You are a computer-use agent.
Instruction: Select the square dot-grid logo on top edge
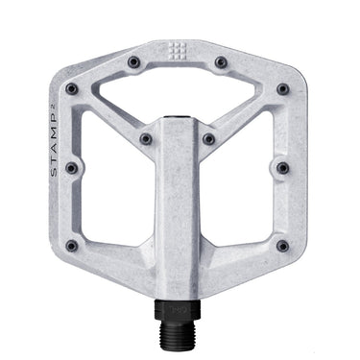179,53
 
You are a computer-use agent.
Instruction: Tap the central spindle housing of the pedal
179,211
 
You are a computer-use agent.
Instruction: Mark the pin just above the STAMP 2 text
71,89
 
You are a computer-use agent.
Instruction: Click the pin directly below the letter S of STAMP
70,168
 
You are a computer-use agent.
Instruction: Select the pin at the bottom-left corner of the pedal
71,246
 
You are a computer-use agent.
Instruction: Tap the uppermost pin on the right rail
282,89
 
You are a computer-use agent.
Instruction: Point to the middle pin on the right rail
282,168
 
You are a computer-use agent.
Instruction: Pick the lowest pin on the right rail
282,246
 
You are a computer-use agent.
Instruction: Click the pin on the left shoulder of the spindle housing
146,139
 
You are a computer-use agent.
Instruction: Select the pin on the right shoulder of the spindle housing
209,139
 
